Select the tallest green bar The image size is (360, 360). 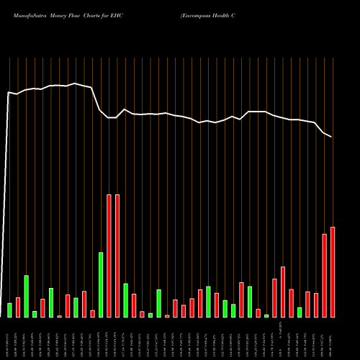[101, 284]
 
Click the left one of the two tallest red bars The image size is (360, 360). [109, 256]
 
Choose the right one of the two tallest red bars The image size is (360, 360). [117, 256]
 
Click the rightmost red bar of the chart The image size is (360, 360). [333, 272]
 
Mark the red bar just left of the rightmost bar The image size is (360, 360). [324, 276]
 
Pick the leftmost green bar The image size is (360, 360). [9, 310]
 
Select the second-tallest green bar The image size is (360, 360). [26, 296]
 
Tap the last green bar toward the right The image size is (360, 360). [300, 312]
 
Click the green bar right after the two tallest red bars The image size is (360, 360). [125, 300]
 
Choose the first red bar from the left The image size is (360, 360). [18, 307]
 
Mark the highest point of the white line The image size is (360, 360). [76, 84]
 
